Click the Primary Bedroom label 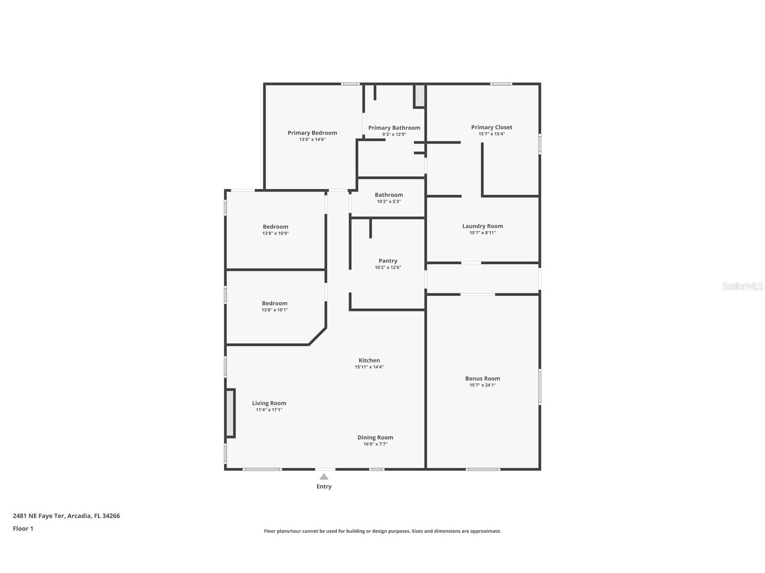point(312,133)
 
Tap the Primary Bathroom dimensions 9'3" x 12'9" point(394,134)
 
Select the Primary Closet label point(491,127)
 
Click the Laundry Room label point(482,226)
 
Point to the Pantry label point(388,261)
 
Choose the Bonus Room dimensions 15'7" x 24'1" point(482,385)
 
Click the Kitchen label point(369,360)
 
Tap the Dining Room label point(375,437)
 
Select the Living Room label point(269,403)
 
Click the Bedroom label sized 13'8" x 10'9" point(275,227)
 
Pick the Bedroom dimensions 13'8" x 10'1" point(275,310)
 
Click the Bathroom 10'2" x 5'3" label point(389,195)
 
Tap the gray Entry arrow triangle point(324,477)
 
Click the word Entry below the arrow point(324,487)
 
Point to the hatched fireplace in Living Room point(230,413)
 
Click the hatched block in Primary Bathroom point(419,95)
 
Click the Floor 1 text point(23,528)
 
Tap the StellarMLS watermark point(742,286)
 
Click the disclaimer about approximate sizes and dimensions point(382,531)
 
